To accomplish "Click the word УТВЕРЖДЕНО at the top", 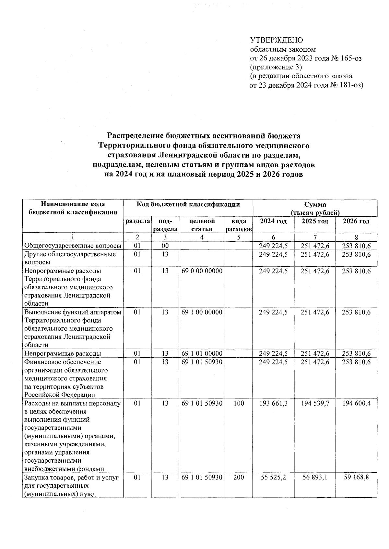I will click(x=276, y=40).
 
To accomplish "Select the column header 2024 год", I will click(x=273, y=221).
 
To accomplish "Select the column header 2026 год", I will click(x=356, y=221).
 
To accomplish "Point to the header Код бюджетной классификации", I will click(x=188, y=204).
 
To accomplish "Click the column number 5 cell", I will click(x=239, y=237).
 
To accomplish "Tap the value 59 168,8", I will click(x=356, y=477).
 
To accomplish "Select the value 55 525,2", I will click(x=273, y=477).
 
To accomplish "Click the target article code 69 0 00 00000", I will click(x=202, y=271).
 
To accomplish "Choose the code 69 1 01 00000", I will click(x=202, y=353).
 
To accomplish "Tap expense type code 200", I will click(x=239, y=477).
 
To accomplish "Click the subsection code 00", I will click(x=165, y=246).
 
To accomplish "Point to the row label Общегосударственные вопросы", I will click(x=73, y=246).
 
